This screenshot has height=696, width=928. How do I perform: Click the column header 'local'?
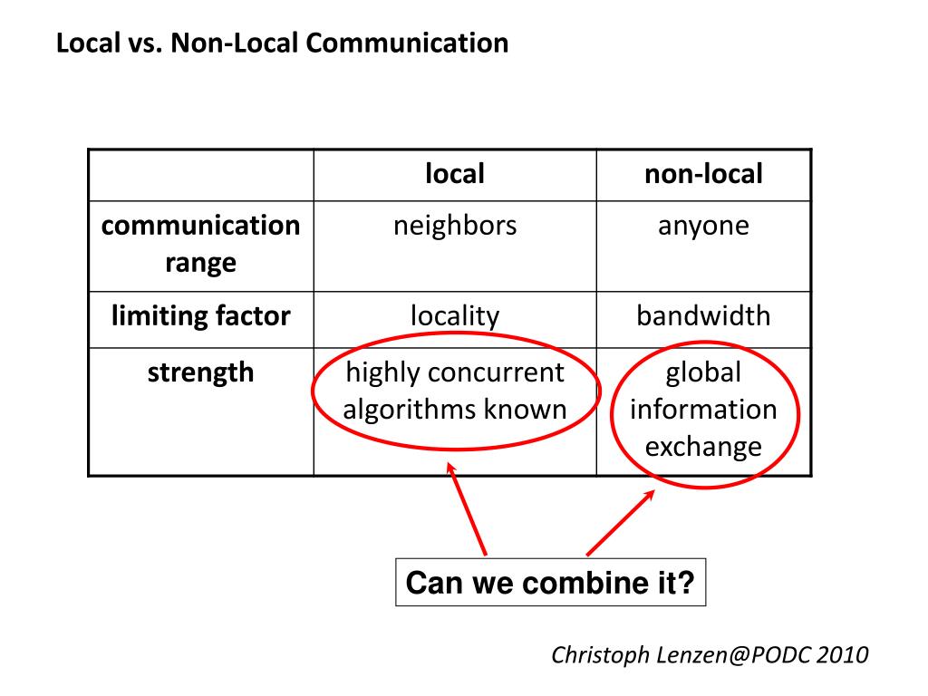click(x=455, y=174)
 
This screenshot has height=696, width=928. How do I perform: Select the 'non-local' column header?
click(x=703, y=174)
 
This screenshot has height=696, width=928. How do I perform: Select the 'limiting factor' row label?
click(x=200, y=315)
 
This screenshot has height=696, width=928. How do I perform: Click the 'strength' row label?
click(x=200, y=372)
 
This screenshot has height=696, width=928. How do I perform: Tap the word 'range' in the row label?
click(x=200, y=264)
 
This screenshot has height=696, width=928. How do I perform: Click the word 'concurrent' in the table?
click(x=496, y=372)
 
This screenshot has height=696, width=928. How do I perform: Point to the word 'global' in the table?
click(x=703, y=372)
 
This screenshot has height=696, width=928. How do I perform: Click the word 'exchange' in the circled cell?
click(x=703, y=447)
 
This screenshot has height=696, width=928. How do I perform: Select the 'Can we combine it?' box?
click(x=550, y=582)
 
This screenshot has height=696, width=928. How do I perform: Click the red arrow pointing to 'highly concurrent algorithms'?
click(x=467, y=509)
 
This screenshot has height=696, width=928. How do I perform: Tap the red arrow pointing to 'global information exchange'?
click(x=620, y=523)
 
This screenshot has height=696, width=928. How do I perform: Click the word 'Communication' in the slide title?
click(x=407, y=43)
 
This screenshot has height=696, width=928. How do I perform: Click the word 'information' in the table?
click(x=703, y=410)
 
